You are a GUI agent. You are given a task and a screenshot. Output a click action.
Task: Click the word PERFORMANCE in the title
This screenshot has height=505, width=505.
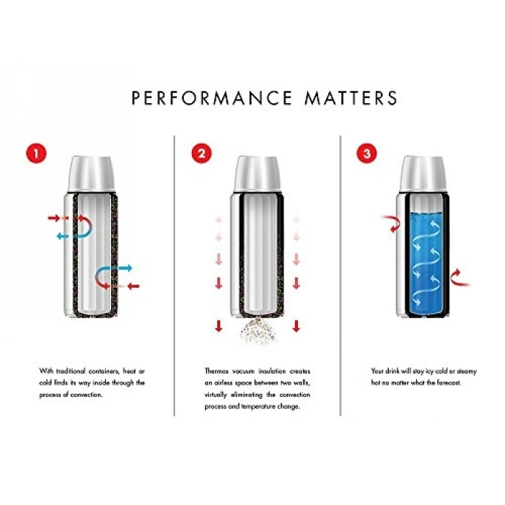click(212, 98)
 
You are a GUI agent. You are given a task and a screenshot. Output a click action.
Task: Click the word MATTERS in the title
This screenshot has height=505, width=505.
click(351, 98)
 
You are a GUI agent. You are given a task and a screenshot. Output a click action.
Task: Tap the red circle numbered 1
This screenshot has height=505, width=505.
click(36, 153)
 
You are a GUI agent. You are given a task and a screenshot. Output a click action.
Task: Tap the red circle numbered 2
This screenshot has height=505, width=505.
click(201, 153)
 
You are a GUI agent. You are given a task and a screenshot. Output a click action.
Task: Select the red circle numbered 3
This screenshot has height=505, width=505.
click(366, 153)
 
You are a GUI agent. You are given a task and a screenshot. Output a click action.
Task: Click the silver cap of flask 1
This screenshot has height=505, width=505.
click(92, 175)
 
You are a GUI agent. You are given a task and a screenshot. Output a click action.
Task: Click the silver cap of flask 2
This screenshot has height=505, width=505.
click(258, 175)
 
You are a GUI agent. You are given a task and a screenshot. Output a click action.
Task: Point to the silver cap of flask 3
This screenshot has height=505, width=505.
click(423, 175)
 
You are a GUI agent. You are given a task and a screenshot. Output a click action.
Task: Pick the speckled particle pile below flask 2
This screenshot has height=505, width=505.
click(258, 331)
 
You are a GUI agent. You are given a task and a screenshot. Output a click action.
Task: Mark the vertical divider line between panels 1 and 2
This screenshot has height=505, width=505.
click(175, 276)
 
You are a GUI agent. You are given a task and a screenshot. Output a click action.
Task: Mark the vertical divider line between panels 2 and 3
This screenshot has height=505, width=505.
click(340, 276)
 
